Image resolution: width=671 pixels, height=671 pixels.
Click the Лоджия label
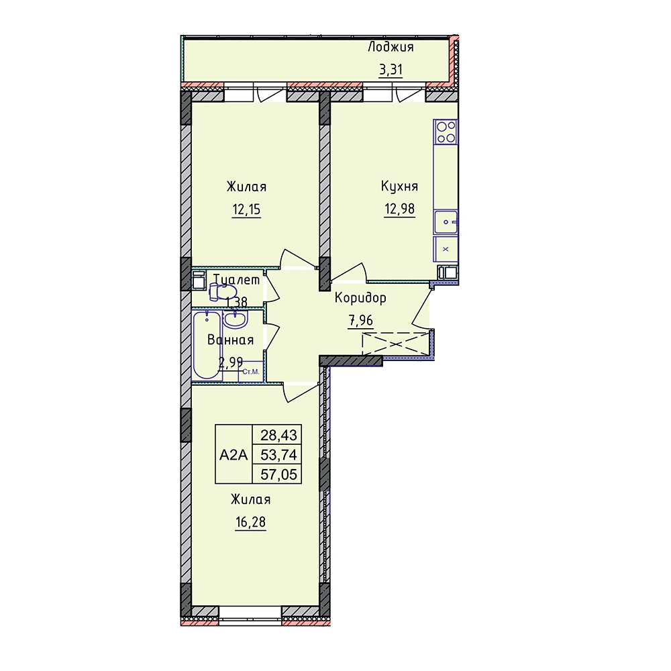pyautogui.click(x=391, y=47)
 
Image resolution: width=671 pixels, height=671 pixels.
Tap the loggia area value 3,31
pyautogui.click(x=391, y=69)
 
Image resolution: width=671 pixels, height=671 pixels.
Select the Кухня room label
pyautogui.click(x=399, y=187)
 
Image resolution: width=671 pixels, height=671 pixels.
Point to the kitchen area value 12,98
pyautogui.click(x=399, y=209)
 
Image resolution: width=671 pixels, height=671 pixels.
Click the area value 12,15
pyautogui.click(x=246, y=209)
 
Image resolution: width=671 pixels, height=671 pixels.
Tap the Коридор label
pyautogui.click(x=360, y=298)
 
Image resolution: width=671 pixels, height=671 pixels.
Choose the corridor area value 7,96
pyautogui.click(x=361, y=320)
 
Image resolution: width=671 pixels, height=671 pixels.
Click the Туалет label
pyautogui.click(x=237, y=280)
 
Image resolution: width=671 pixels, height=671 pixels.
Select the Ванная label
pyautogui.click(x=230, y=340)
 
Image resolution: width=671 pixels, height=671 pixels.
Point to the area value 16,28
pyautogui.click(x=250, y=522)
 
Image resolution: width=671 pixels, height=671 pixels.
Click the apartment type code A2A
pyautogui.click(x=234, y=455)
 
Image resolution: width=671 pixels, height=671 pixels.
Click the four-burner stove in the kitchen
pyautogui.click(x=446, y=132)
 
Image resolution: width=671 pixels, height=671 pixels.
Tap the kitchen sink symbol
pyautogui.click(x=446, y=222)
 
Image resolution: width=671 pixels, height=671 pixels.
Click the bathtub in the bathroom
pyautogui.click(x=207, y=346)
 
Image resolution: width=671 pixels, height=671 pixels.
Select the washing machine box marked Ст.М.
pyautogui.click(x=251, y=372)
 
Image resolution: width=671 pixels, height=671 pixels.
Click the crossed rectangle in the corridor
pyautogui.click(x=395, y=344)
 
